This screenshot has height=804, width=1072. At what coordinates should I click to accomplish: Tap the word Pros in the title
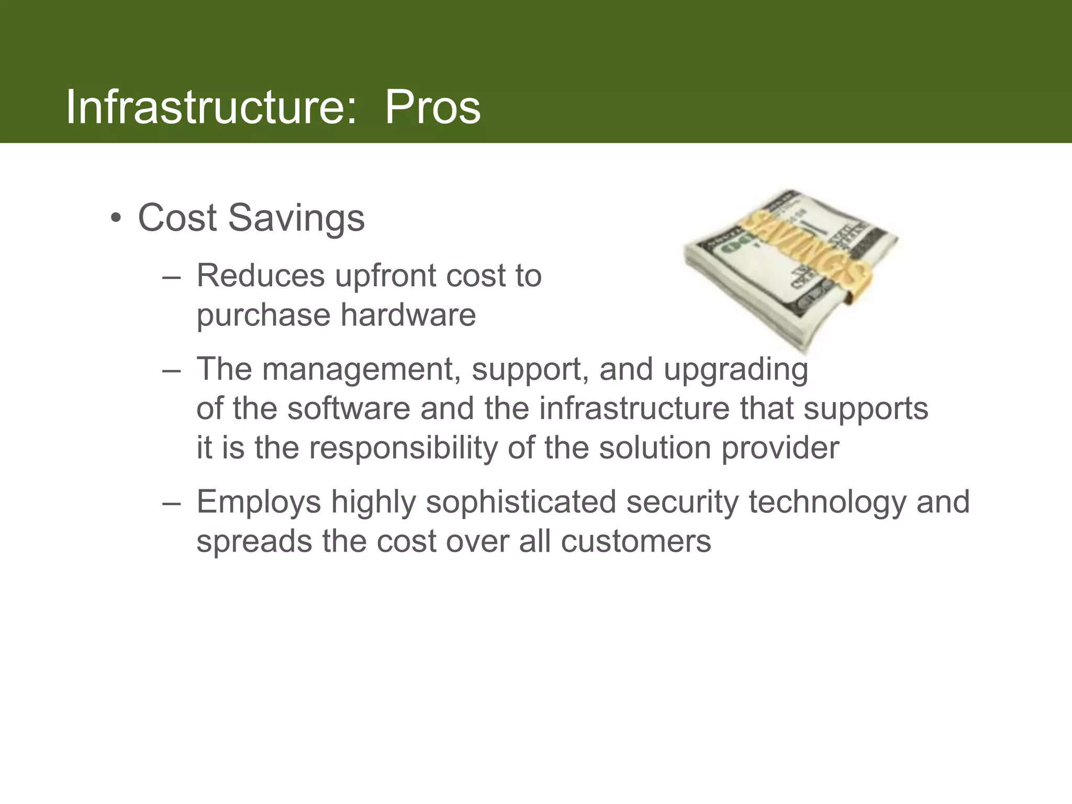(432, 107)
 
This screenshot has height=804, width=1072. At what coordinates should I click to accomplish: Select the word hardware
(408, 315)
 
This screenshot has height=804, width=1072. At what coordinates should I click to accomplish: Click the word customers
(635, 541)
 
